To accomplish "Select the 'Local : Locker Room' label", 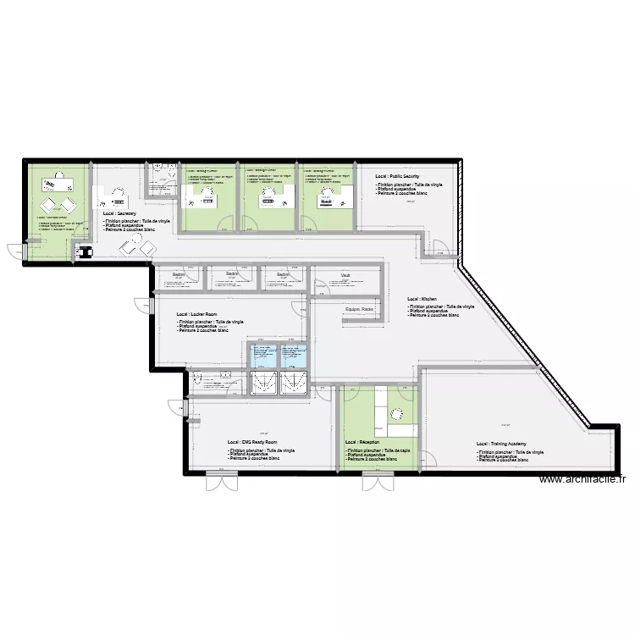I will [x=197, y=314].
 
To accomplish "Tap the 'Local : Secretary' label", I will [x=119, y=214].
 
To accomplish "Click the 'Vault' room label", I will [x=345, y=275].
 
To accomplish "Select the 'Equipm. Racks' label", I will [x=360, y=310].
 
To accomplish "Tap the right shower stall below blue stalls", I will [x=294, y=383].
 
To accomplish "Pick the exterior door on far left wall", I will [x=16, y=251].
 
